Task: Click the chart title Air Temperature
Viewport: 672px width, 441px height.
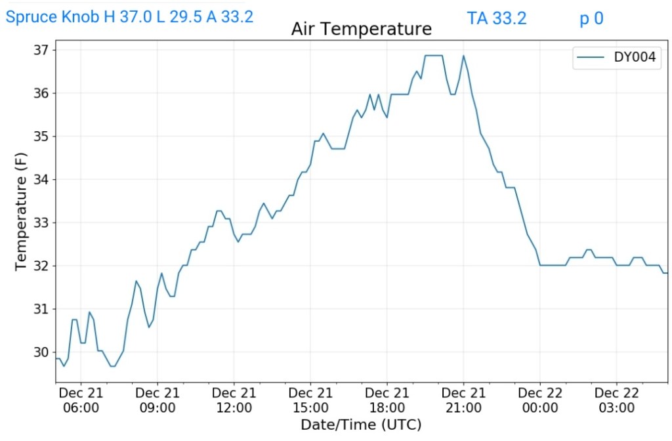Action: (x=362, y=29)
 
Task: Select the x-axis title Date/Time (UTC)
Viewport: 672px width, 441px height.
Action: (x=361, y=425)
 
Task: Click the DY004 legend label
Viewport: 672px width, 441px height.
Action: (x=635, y=58)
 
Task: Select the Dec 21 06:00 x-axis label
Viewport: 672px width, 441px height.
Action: (x=81, y=400)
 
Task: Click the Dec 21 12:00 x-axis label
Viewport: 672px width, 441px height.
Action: (x=234, y=400)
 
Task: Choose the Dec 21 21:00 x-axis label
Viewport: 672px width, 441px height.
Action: (x=463, y=400)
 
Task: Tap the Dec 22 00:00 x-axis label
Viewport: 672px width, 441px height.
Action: (x=540, y=400)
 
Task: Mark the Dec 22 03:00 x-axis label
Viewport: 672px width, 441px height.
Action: (x=617, y=400)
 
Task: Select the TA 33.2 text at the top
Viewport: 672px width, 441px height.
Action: (x=497, y=18)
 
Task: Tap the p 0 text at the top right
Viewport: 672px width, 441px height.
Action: (x=591, y=18)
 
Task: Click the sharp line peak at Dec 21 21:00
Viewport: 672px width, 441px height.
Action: (x=463, y=56)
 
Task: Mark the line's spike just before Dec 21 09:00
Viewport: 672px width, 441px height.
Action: (x=136, y=282)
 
